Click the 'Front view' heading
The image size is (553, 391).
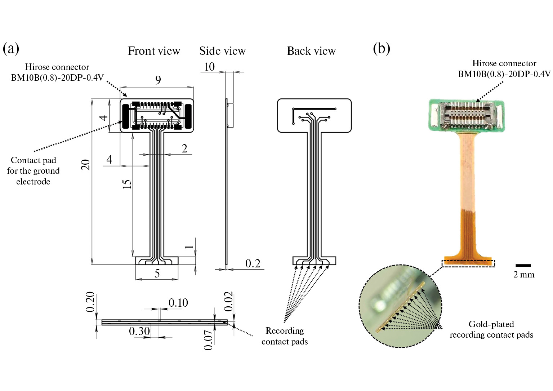[x=154, y=51]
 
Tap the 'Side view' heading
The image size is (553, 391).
[x=222, y=51]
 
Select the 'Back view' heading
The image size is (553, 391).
[x=311, y=51]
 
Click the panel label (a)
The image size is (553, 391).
[x=11, y=48]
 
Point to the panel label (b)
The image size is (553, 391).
[x=382, y=48]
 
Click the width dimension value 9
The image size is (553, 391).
[x=158, y=80]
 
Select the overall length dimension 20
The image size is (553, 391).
[x=85, y=165]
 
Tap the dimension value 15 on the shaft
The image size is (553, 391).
[x=127, y=183]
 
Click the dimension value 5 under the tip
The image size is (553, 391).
[x=157, y=274]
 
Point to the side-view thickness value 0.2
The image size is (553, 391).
[x=253, y=263]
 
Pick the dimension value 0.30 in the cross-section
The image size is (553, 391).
[x=139, y=331]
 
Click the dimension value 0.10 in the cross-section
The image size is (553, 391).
[x=178, y=303]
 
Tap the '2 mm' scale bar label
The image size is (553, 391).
[x=524, y=275]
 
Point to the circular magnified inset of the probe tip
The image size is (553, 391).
[x=400, y=306]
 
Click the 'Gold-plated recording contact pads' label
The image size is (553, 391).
[x=491, y=329]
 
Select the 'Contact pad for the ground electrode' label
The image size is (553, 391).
[x=33, y=171]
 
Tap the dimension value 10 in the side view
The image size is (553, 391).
[x=209, y=67]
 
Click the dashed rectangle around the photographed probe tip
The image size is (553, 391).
[x=469, y=263]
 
